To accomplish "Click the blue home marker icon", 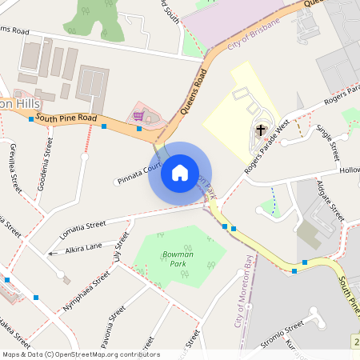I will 180,172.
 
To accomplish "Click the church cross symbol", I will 261,130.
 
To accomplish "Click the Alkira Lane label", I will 84,247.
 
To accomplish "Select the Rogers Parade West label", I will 266,144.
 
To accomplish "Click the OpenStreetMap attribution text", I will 80,354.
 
